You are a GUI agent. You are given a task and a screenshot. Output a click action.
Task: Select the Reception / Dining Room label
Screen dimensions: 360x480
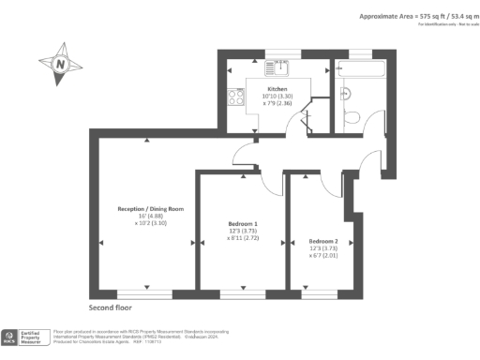(x=149, y=208)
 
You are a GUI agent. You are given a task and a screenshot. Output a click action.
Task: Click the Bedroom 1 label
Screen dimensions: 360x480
(x=243, y=223)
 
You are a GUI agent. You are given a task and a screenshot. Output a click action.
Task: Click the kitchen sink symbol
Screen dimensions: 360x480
(x=278, y=67)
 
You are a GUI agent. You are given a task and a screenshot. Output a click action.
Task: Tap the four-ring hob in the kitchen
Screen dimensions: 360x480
(x=232, y=96)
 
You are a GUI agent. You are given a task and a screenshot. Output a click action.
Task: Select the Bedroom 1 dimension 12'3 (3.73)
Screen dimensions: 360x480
(x=243, y=232)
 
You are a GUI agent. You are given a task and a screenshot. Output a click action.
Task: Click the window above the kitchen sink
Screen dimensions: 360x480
(x=277, y=52)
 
